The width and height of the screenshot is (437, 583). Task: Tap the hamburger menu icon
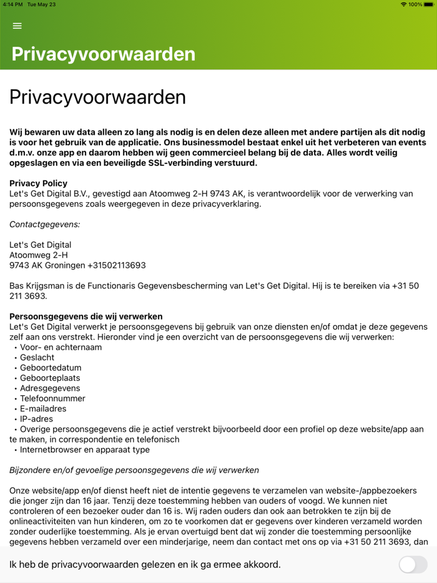click(17, 26)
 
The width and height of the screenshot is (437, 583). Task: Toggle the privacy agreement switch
click(413, 565)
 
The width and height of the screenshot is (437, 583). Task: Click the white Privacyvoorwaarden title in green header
click(104, 54)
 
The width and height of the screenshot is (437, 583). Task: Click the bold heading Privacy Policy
click(38, 184)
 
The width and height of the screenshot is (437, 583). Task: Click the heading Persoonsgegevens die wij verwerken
click(86, 316)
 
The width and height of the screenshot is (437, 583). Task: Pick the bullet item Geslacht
click(37, 358)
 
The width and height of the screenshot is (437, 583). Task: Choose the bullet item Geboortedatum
click(51, 368)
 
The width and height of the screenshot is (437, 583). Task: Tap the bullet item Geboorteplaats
click(50, 378)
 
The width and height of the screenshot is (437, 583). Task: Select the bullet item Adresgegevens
click(50, 388)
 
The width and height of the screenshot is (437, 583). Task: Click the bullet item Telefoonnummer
click(52, 398)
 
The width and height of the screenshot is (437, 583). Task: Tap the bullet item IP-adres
click(36, 419)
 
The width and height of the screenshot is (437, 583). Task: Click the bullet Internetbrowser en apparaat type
click(84, 449)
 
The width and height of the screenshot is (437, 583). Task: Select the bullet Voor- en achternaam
click(61, 347)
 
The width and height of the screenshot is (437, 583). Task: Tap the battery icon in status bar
click(429, 4)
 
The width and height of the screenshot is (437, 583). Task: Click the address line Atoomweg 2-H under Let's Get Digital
click(39, 255)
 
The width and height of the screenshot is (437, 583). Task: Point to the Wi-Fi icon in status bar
click(403, 4)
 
